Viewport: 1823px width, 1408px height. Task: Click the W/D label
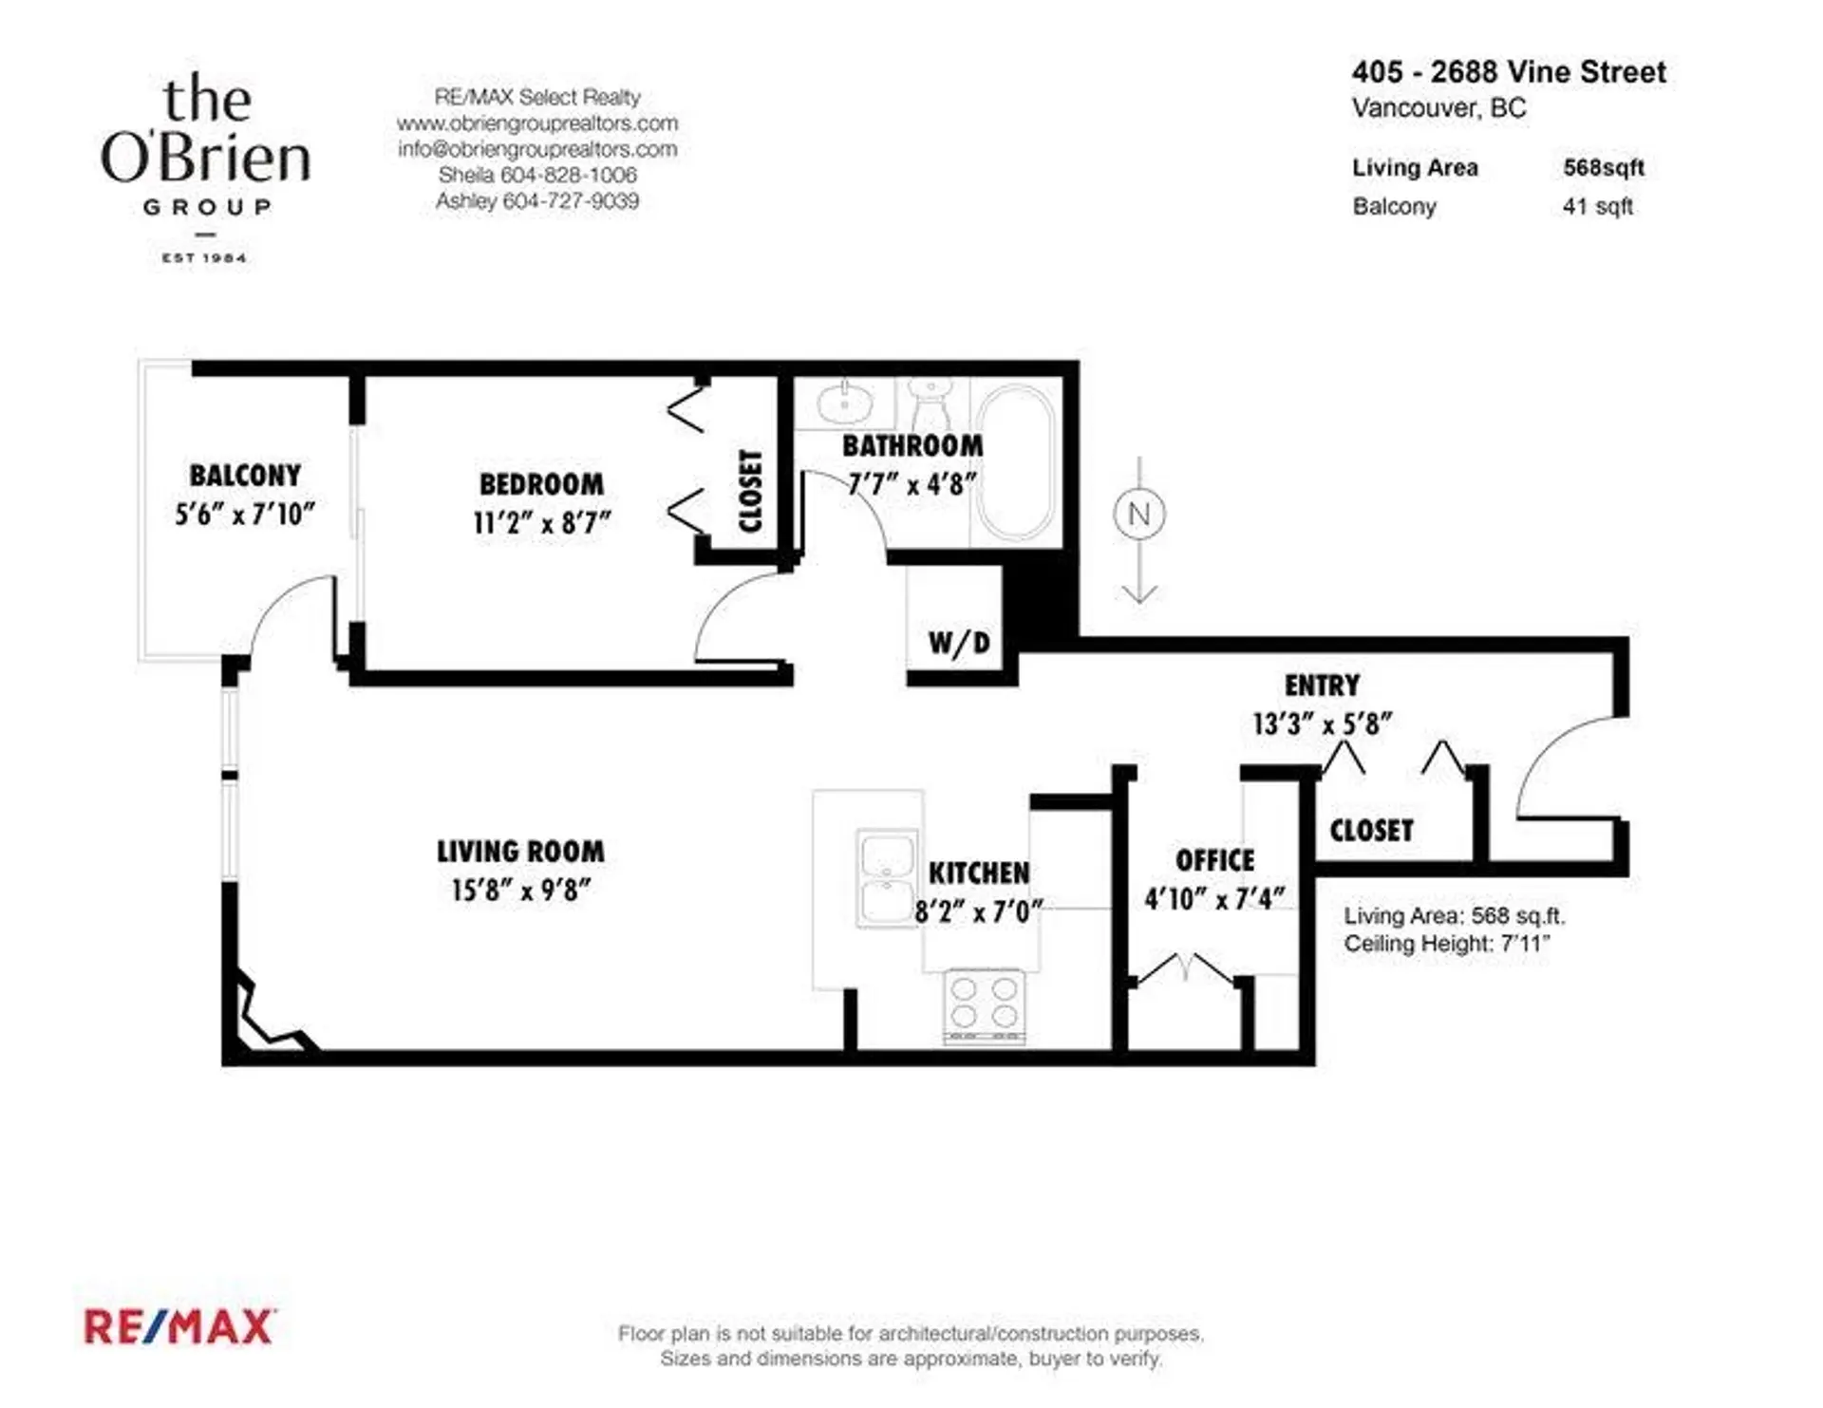pyautogui.click(x=959, y=643)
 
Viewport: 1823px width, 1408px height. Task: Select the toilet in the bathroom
pyautogui.click(x=930, y=404)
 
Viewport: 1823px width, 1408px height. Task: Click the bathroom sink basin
pyautogui.click(x=843, y=402)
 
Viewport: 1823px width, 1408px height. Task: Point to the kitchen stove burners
pyautogui.click(x=984, y=1004)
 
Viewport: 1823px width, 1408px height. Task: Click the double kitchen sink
pyautogui.click(x=886, y=878)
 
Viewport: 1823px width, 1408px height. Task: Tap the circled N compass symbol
pyautogui.click(x=1139, y=514)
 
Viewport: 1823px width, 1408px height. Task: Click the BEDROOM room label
pyautogui.click(x=541, y=484)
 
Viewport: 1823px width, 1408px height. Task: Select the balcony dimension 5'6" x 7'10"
pyautogui.click(x=245, y=515)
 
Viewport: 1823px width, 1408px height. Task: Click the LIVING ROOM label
pyautogui.click(x=520, y=852)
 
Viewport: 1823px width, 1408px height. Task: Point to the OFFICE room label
pyautogui.click(x=1215, y=860)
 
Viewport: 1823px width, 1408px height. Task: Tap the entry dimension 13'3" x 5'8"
pyautogui.click(x=1322, y=724)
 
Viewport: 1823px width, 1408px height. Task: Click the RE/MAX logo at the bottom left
pyautogui.click(x=180, y=1326)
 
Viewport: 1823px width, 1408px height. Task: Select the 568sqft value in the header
pyautogui.click(x=1604, y=167)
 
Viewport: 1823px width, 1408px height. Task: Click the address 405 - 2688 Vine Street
pyautogui.click(x=1509, y=72)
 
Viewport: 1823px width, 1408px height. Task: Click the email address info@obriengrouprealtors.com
pyautogui.click(x=537, y=149)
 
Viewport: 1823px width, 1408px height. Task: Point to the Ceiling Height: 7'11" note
pyautogui.click(x=1447, y=944)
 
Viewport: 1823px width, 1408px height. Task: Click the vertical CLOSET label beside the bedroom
pyautogui.click(x=750, y=491)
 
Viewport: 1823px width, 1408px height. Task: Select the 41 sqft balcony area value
pyautogui.click(x=1598, y=206)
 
